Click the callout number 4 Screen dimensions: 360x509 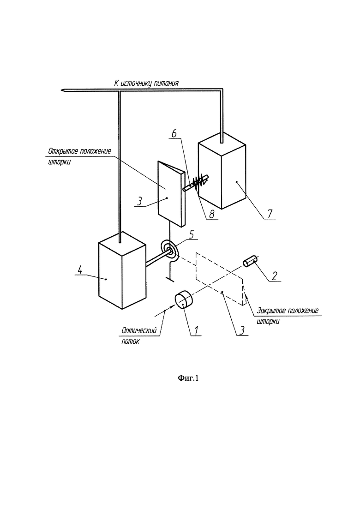pos(79,269)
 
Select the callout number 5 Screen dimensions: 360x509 pos(192,234)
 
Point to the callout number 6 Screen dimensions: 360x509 pos(174,133)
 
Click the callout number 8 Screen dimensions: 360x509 pos(212,214)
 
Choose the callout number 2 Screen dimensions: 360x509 pos(274,275)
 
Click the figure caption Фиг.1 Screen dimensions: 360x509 pos(188,378)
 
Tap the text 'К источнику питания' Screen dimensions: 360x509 pos(146,83)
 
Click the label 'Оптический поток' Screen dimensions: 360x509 pos(139,335)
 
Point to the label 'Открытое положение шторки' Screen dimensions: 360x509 pos(79,156)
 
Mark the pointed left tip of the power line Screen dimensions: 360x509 pos(61,90)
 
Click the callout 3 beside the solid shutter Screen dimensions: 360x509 pos(139,201)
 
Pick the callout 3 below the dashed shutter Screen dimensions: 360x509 pos(242,331)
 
